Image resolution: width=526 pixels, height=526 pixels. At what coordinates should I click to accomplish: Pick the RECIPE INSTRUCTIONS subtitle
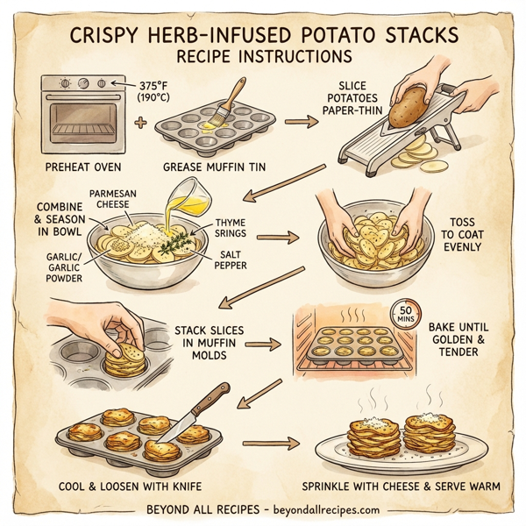[263, 59]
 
